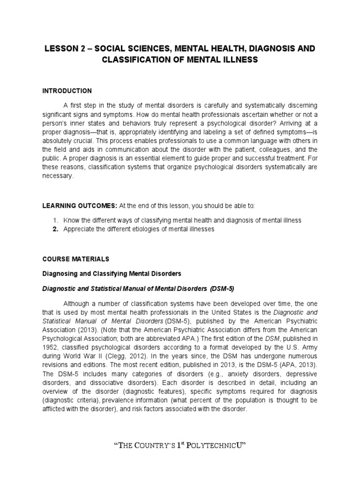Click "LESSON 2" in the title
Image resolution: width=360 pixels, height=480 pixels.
coord(61,49)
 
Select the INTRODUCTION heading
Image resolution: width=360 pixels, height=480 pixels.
coord(67,90)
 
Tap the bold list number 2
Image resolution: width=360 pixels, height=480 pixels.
coord(55,229)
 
